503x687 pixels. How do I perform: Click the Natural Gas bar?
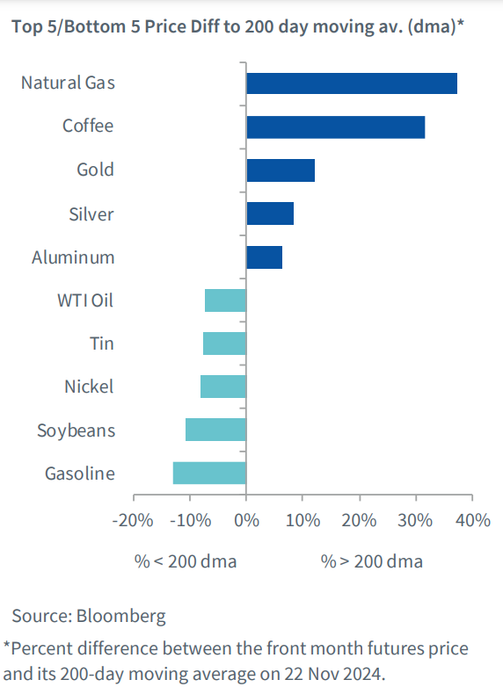pyautogui.click(x=352, y=83)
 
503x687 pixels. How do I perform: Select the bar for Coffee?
pyautogui.click(x=335, y=127)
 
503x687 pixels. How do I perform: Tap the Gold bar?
pyautogui.click(x=281, y=170)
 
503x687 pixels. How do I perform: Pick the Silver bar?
pyautogui.click(x=270, y=213)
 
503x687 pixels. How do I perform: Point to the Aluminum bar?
pyautogui.click(x=265, y=257)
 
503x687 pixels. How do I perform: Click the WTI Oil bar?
pyautogui.click(x=225, y=300)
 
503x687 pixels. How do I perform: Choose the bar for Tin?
pyautogui.click(x=224, y=343)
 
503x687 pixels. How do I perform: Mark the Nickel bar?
pyautogui.click(x=223, y=387)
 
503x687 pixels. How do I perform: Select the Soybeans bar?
pyautogui.click(x=215, y=430)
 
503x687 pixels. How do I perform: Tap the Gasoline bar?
pyautogui.click(x=209, y=473)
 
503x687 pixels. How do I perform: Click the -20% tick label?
pyautogui.click(x=133, y=520)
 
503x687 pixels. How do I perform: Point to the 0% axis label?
pyautogui.click(x=246, y=520)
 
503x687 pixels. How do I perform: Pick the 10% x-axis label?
pyautogui.click(x=303, y=520)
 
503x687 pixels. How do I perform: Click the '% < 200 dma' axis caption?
pyautogui.click(x=186, y=561)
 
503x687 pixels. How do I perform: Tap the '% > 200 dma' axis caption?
pyautogui.click(x=372, y=561)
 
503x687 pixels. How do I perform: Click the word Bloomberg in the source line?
pyautogui.click(x=121, y=617)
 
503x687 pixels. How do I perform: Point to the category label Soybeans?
pyautogui.click(x=77, y=430)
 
